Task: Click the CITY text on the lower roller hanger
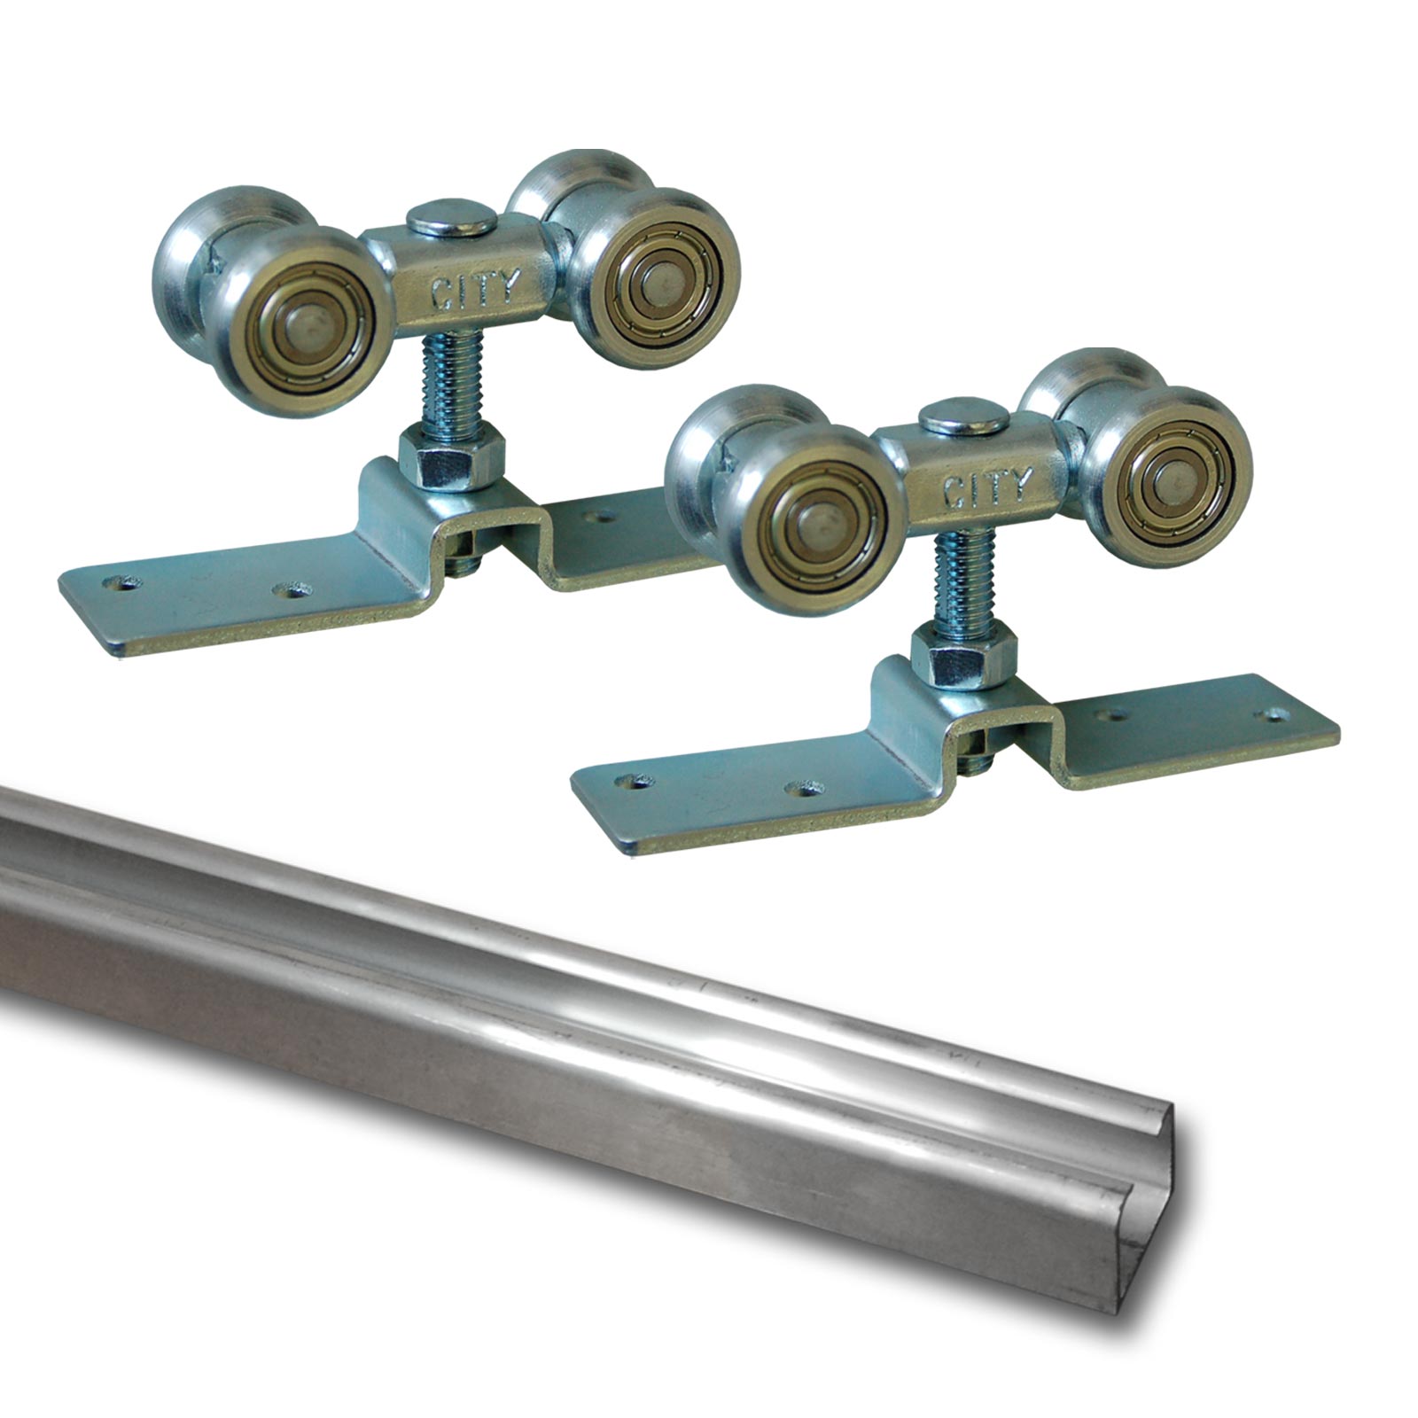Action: point(987,487)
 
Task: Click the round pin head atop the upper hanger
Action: point(451,218)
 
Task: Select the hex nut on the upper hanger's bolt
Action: point(451,457)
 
